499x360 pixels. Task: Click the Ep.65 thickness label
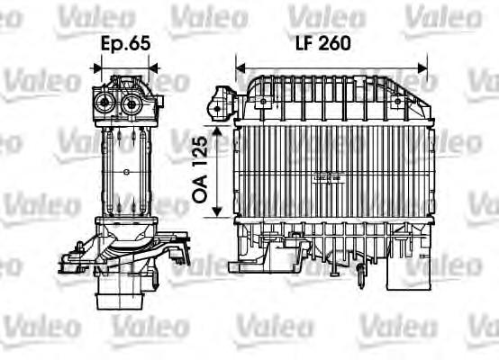pos(125,42)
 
